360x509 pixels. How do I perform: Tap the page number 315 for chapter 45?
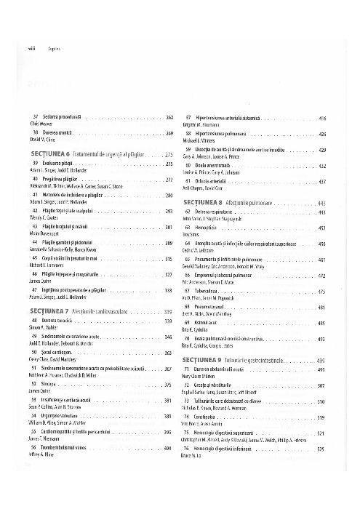click(x=169, y=259)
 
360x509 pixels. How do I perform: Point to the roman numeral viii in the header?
click(x=12, y=46)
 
